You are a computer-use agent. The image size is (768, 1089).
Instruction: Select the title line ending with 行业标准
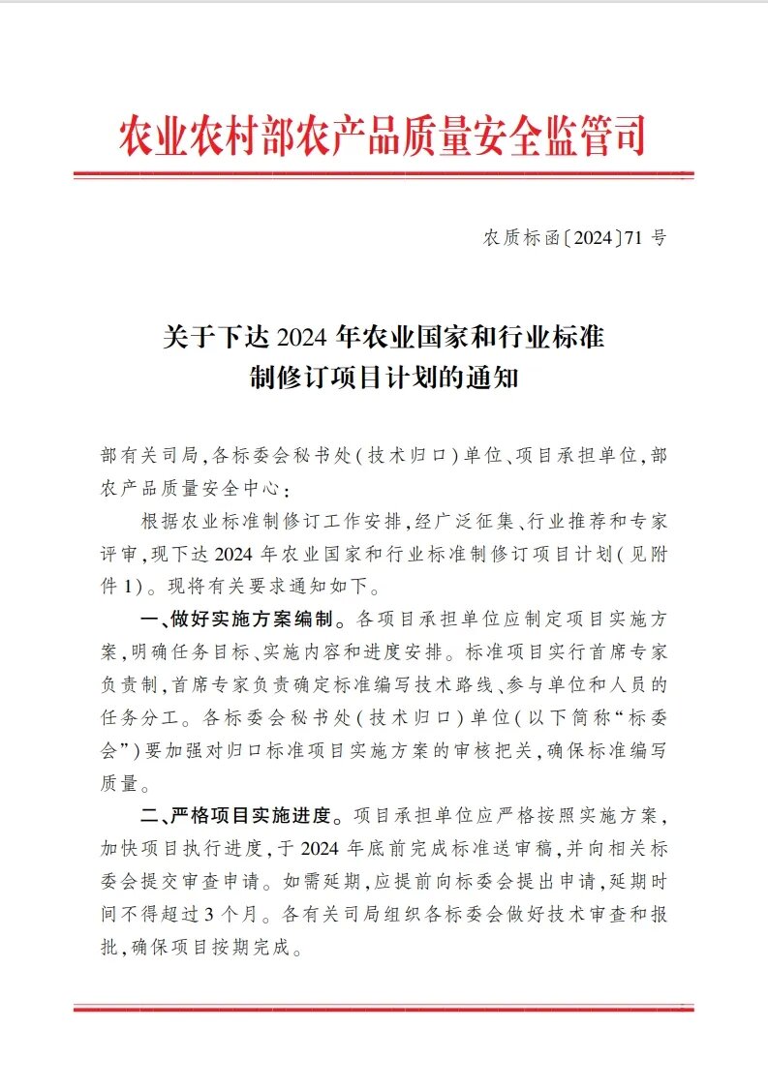click(x=384, y=338)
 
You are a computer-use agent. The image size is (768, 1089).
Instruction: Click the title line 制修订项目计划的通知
click(x=384, y=378)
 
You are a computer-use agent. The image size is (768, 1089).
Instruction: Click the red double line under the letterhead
click(x=384, y=176)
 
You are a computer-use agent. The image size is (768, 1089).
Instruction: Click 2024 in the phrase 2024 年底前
click(x=329, y=847)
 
